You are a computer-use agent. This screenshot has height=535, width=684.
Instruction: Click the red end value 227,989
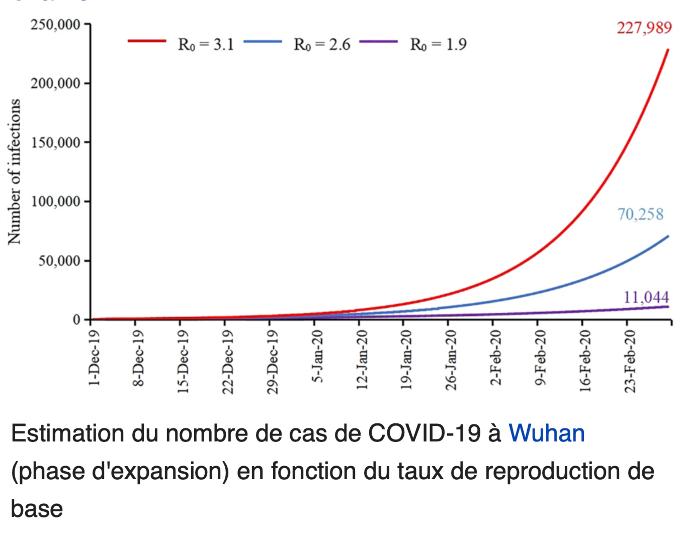click(x=644, y=28)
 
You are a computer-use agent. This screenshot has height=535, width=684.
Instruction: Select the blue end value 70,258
click(x=640, y=214)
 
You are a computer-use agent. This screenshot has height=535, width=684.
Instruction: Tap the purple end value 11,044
click(x=646, y=297)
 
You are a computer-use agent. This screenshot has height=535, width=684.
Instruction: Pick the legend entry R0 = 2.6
click(x=322, y=44)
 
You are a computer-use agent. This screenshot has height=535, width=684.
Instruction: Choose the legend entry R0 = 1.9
click(x=438, y=44)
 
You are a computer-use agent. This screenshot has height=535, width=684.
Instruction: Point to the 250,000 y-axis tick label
click(x=55, y=25)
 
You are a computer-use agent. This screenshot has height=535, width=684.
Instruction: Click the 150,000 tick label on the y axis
click(x=55, y=143)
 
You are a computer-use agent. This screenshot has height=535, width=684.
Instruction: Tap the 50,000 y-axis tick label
click(x=59, y=261)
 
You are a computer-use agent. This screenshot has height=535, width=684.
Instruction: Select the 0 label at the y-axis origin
click(x=76, y=320)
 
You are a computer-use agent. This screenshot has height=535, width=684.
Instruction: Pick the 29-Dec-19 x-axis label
click(x=272, y=362)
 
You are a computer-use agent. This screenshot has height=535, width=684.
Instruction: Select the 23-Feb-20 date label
click(x=630, y=362)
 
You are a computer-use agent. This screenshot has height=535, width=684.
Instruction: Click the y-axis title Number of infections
click(x=14, y=171)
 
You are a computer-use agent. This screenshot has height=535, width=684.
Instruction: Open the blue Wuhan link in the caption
click(x=547, y=434)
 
